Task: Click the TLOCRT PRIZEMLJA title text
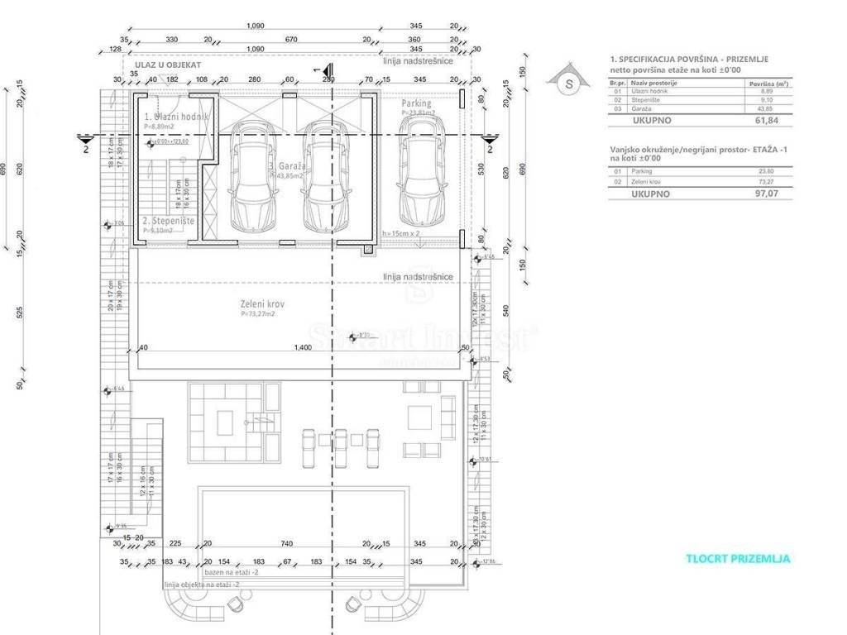pos(738,559)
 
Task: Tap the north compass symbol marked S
pos(568,83)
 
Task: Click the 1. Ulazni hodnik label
pos(176,117)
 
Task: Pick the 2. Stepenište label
pos(168,222)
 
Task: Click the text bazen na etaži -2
pos(232,572)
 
